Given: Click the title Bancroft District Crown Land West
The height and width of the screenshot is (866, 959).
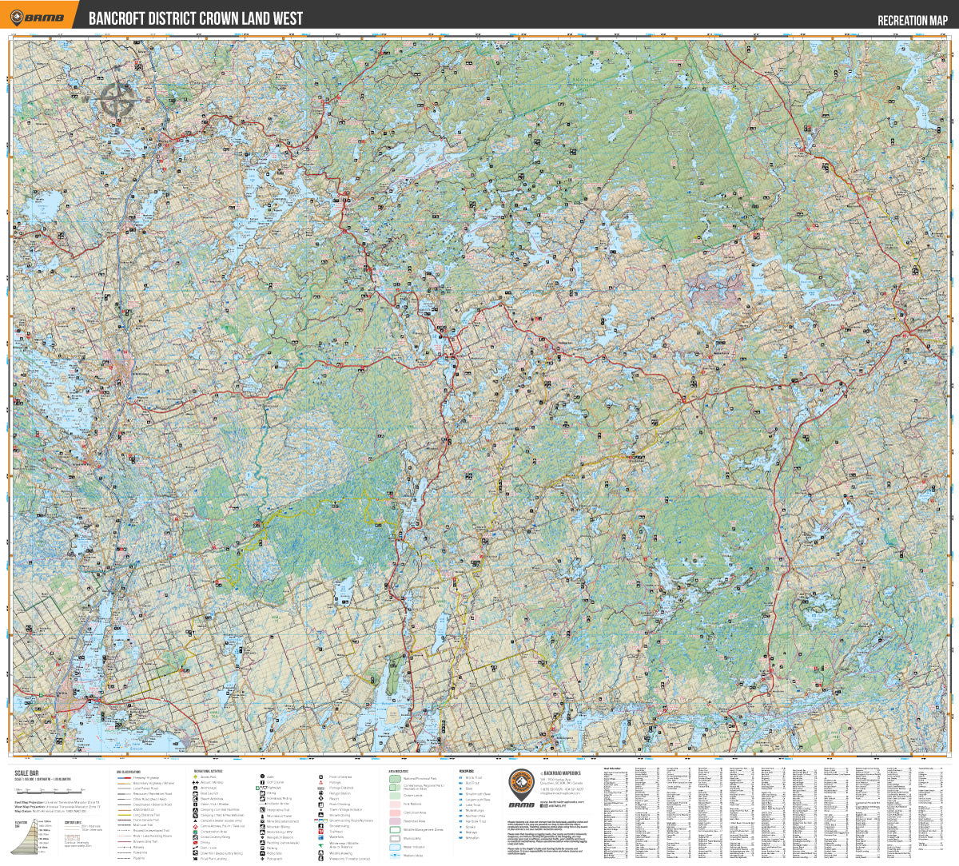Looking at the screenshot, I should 195,18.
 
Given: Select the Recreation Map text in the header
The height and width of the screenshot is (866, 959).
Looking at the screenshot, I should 912,21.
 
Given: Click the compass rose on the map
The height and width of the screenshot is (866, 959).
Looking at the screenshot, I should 117,102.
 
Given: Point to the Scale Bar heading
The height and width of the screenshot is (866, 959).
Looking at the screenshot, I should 26,773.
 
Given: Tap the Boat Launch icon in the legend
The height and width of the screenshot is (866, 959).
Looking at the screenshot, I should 196,793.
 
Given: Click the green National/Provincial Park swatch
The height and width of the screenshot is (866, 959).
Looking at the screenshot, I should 395,777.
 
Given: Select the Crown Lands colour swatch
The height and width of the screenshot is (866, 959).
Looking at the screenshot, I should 395,796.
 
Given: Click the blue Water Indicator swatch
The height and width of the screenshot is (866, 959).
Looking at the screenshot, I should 395,847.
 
